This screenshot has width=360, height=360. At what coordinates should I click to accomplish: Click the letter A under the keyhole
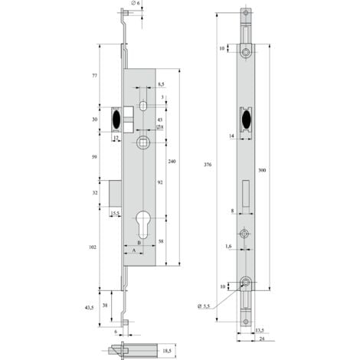pyautogui.click(x=135, y=249)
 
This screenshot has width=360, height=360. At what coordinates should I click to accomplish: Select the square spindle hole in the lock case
pyautogui.click(x=143, y=143)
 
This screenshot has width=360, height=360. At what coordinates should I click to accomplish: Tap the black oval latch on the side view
pyautogui.click(x=116, y=119)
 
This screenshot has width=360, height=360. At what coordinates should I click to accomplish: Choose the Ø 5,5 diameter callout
pyautogui.click(x=204, y=306)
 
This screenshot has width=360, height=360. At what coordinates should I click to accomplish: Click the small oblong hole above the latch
pyautogui.click(x=143, y=106)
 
